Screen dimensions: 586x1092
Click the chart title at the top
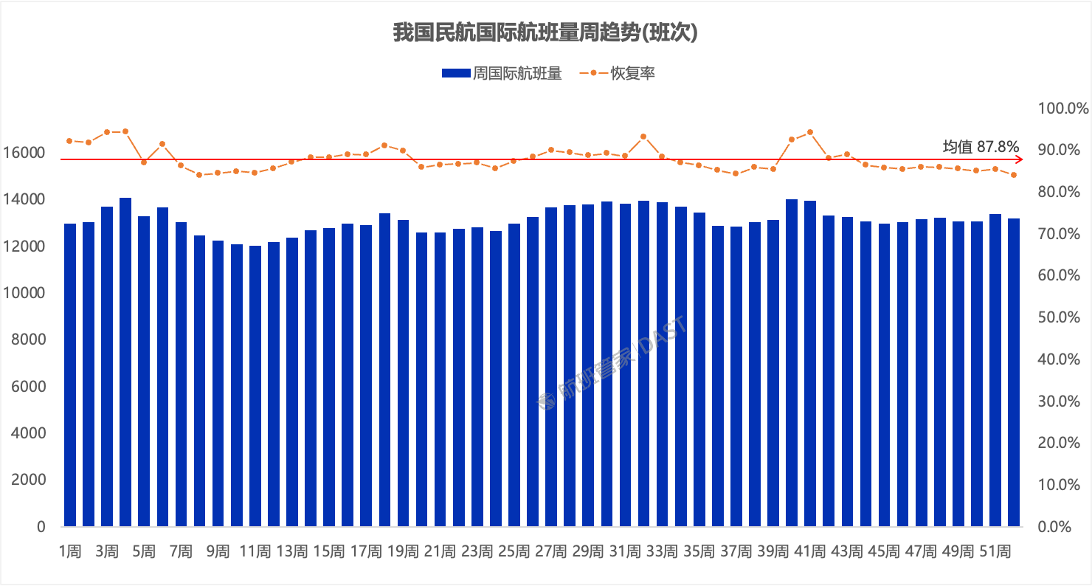pos(545,33)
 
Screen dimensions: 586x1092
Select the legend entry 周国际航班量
pos(502,73)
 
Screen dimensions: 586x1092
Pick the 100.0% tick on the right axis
pos(1063,108)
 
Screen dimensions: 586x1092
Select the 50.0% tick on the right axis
pos(1063,317)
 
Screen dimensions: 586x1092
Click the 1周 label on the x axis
pos(70,551)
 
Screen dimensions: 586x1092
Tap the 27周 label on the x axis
pos(550,551)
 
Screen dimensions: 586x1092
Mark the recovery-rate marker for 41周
pos(810,132)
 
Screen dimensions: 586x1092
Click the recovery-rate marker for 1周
pos(69,140)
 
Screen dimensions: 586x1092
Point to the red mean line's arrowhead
pos(1020,159)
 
